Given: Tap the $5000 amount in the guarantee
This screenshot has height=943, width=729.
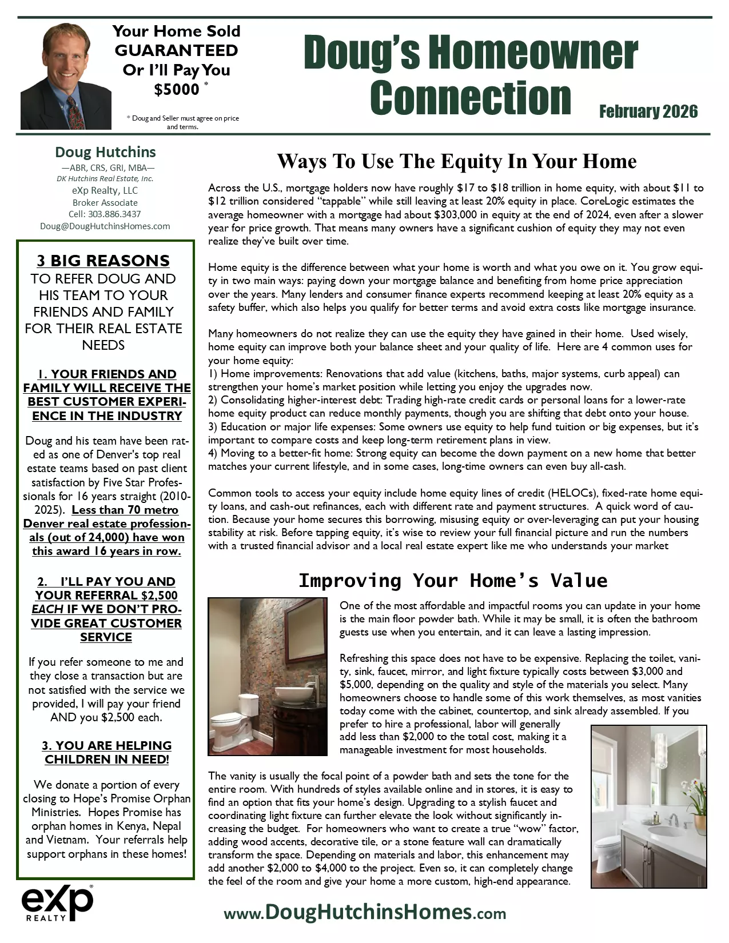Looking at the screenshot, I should pos(177,90).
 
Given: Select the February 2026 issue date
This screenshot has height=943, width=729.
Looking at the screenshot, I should pos(648,111).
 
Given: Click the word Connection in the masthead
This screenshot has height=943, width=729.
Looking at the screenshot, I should pos(470,98).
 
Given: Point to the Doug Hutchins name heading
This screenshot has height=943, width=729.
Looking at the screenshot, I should pos(105,152).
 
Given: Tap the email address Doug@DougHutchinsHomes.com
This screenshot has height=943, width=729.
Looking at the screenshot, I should pos(105,226).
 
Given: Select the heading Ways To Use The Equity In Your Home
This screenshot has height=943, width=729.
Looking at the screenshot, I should pos(456,162).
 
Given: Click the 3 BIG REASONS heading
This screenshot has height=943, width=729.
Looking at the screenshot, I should pos(103,261).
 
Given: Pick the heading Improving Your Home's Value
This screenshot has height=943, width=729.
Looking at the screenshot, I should pos(453,581).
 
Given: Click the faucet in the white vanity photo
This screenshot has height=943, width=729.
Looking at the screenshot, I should pos(674,821).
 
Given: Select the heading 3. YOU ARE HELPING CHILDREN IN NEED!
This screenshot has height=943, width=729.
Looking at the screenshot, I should pos(106,753).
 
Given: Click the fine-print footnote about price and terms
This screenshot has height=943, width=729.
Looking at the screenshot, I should pos(182,122).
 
